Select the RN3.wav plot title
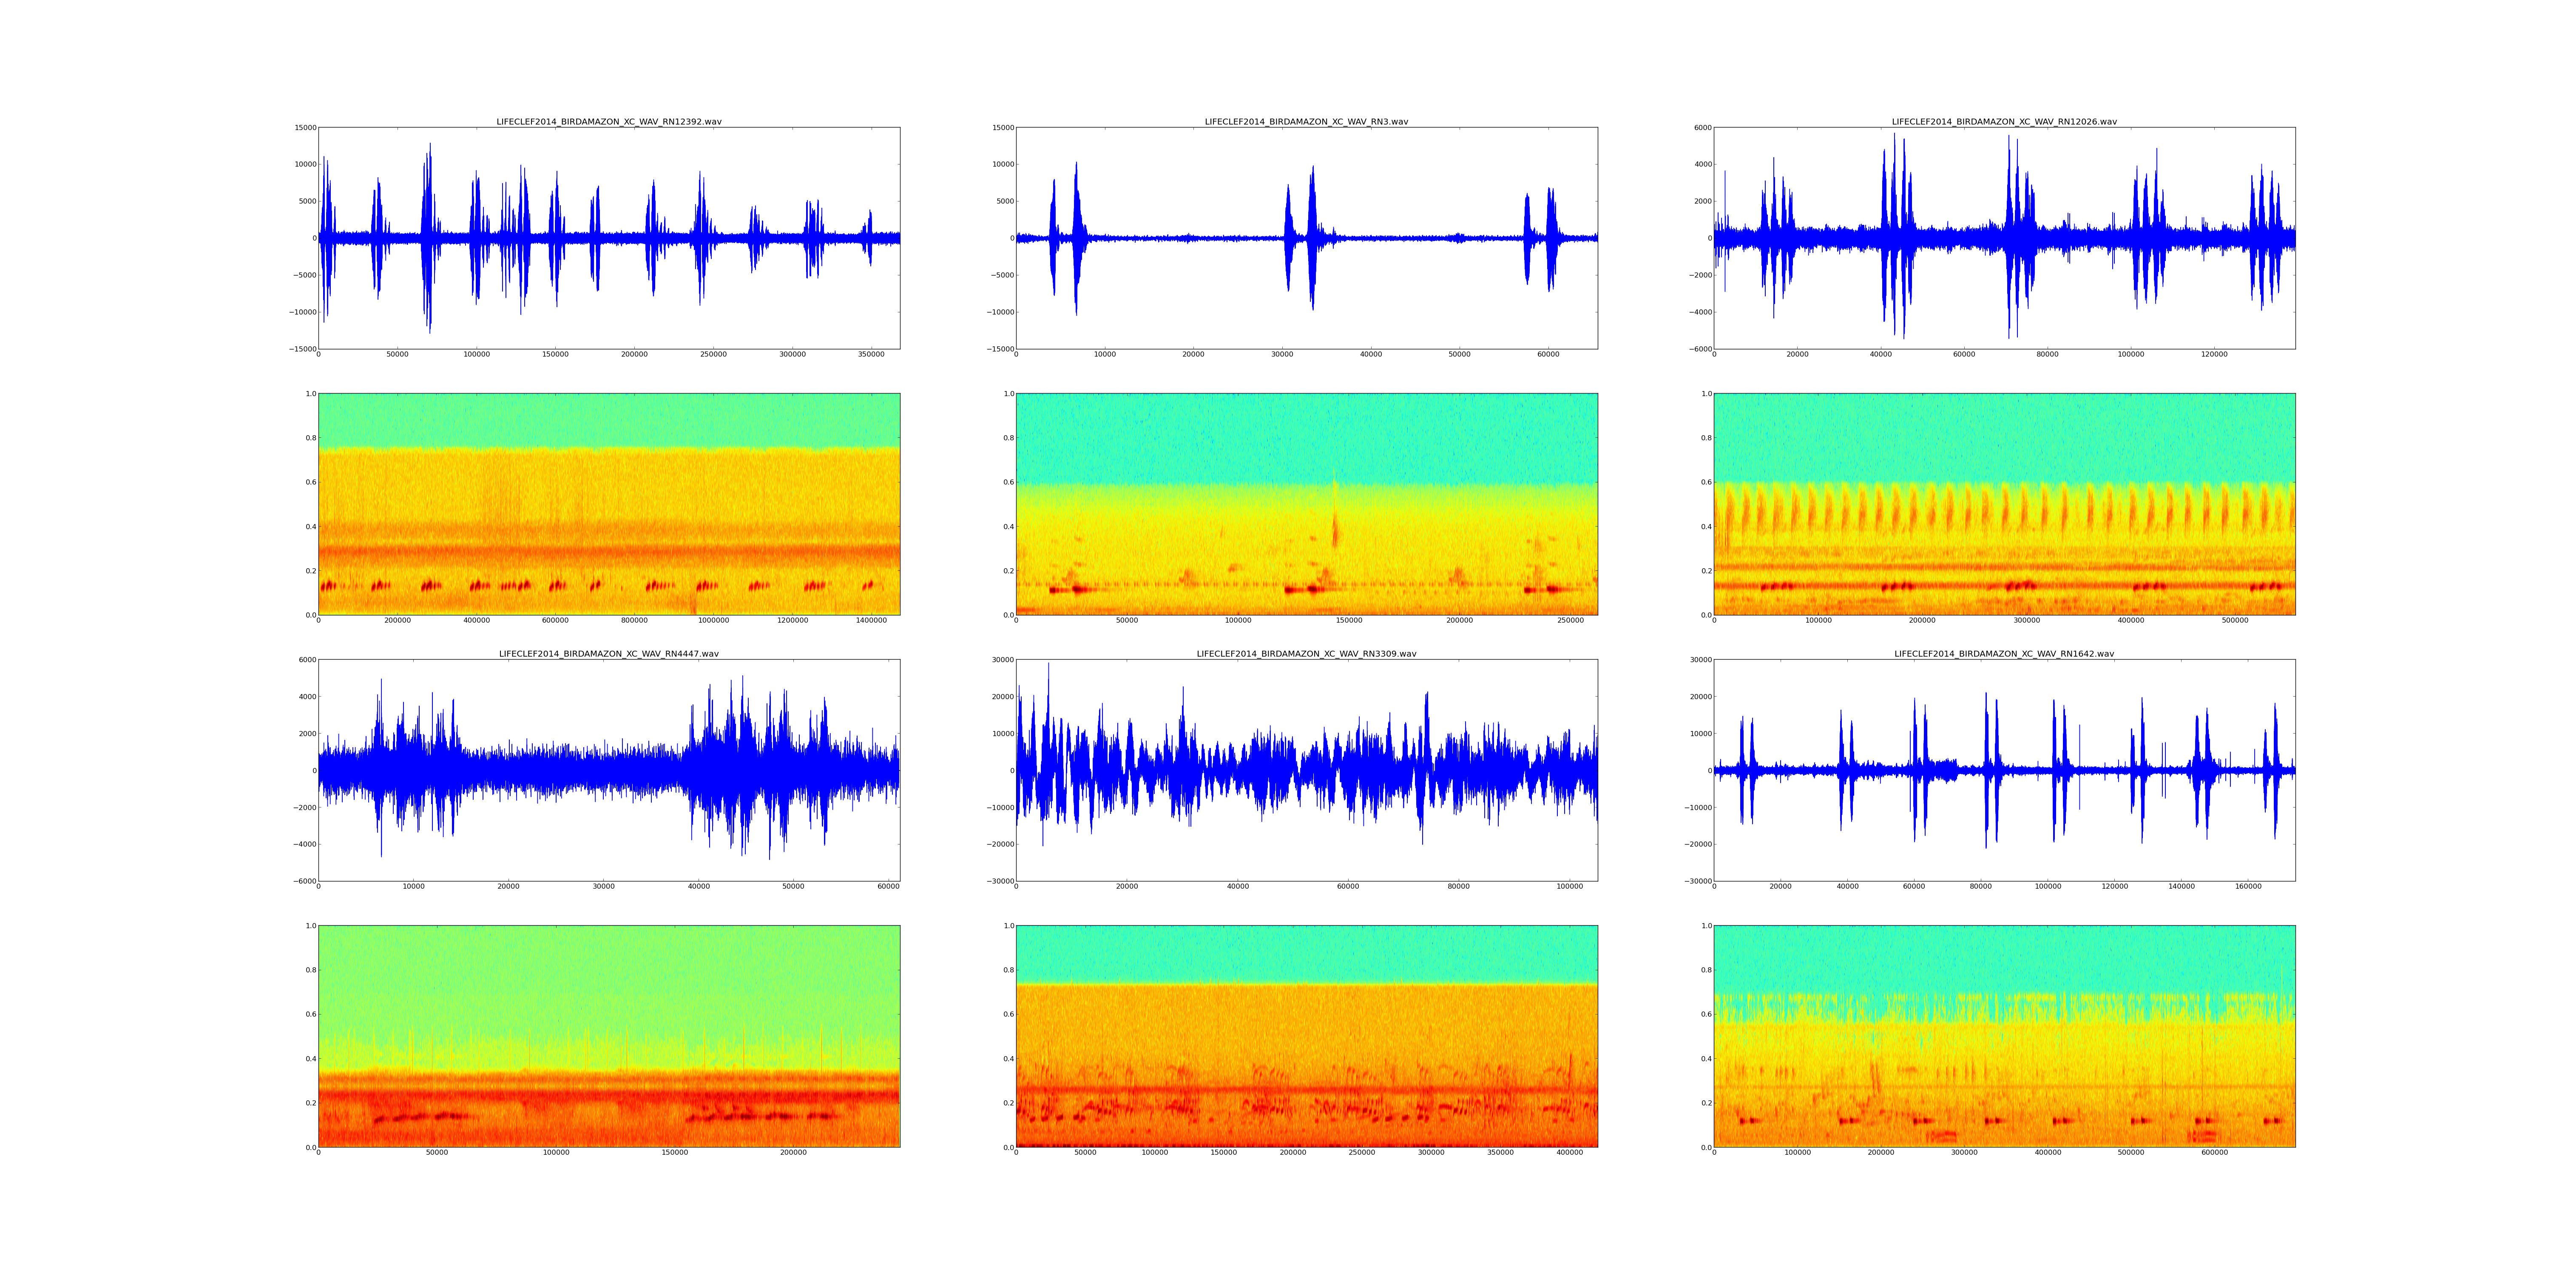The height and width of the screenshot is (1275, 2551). tap(1306, 122)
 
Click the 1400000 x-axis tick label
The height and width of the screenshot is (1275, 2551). tap(872, 620)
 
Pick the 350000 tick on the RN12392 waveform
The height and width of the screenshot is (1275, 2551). tap(872, 354)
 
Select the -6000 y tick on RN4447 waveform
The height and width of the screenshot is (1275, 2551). tap(302, 881)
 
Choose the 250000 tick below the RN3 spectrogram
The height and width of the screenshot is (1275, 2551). tap(1571, 620)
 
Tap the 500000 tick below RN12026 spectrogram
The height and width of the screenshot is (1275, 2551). tap(2235, 620)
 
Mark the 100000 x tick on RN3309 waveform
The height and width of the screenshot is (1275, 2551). tap(1570, 887)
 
